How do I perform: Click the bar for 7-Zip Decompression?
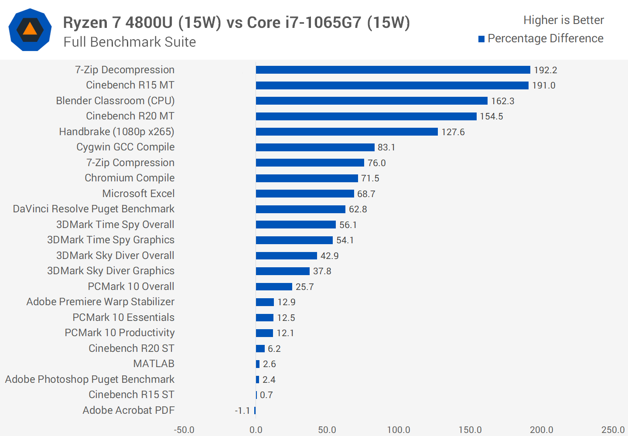(392, 70)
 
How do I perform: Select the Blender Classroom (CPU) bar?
(372, 101)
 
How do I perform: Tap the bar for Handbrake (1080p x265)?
(347, 132)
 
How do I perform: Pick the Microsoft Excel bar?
(305, 194)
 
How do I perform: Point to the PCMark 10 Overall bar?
(274, 286)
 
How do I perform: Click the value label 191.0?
(543, 85)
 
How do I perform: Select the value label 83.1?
(386, 147)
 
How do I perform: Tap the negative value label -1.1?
(242, 411)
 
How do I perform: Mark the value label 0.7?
(266, 395)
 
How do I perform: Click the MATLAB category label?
(154, 364)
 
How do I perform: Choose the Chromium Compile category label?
(130, 178)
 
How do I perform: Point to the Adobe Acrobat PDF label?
(129, 410)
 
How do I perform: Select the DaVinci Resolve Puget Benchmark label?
(94, 209)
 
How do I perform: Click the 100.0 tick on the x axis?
(399, 430)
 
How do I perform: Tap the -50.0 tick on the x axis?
(184, 430)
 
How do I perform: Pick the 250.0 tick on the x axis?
(613, 430)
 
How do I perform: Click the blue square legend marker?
(481, 39)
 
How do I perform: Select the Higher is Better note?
(563, 20)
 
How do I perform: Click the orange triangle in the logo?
(30, 29)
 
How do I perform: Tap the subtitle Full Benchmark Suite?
(130, 42)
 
